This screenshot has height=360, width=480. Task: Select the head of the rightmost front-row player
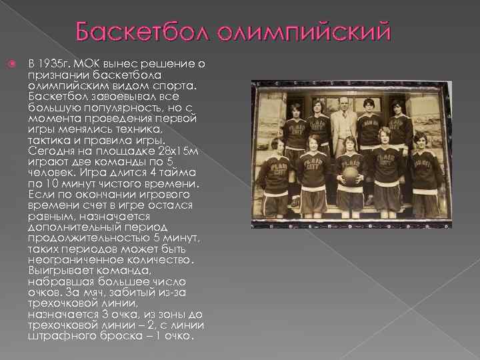coord(419,139)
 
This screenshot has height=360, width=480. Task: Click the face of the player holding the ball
coord(349,145)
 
